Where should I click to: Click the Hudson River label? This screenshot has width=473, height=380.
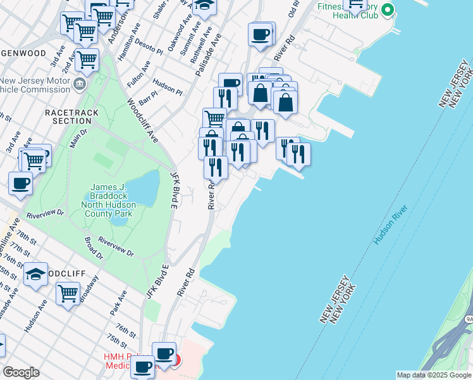(x=390, y=225)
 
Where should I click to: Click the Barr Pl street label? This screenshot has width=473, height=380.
(x=147, y=97)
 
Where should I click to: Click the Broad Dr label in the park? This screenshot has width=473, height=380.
(x=93, y=249)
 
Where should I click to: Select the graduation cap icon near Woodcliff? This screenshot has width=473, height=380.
(x=35, y=274)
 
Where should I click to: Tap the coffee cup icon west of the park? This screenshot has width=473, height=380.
(x=20, y=184)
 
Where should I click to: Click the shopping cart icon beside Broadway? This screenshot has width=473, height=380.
(x=68, y=293)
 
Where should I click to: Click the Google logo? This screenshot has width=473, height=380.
(x=21, y=372)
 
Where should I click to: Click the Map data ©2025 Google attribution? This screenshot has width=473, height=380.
(x=434, y=375)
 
